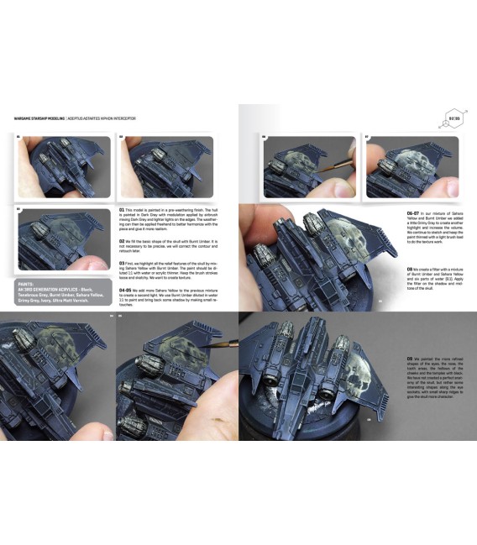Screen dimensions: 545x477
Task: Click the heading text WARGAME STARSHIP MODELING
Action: tap(39, 118)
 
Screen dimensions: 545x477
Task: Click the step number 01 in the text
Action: tap(122, 207)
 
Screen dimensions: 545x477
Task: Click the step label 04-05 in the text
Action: tap(126, 288)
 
